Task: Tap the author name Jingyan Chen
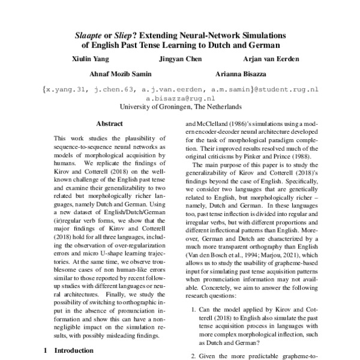click(x=181, y=59)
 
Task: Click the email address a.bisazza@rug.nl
click(x=181, y=97)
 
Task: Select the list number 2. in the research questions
click(x=194, y=356)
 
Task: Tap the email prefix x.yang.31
click(x=66, y=89)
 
